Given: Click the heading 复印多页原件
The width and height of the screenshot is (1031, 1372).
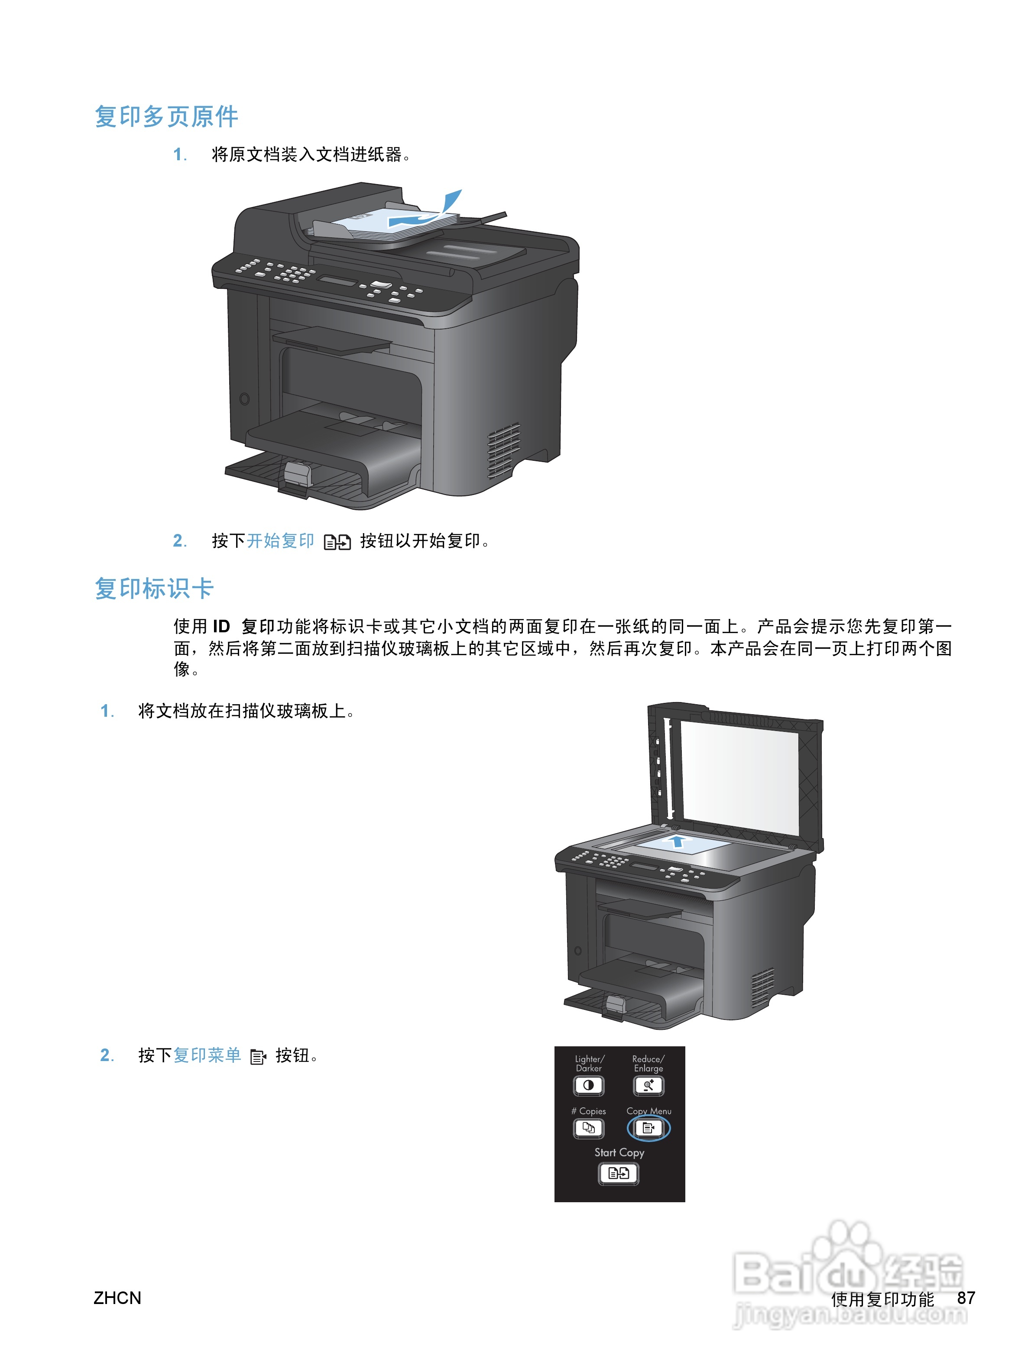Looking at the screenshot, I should point(166,116).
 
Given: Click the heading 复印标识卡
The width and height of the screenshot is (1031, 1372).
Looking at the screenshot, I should point(154,588).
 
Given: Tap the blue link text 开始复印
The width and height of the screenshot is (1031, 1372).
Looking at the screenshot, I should point(280,541).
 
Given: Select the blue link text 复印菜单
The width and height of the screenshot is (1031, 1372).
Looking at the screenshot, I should point(207,1055).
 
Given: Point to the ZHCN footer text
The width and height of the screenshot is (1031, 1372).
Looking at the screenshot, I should point(117,1298).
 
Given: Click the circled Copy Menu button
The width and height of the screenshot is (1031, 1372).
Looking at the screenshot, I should point(648,1128).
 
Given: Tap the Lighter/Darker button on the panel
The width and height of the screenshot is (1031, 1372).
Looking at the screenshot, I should point(588,1085).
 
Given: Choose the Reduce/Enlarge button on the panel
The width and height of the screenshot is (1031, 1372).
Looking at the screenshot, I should point(648,1085).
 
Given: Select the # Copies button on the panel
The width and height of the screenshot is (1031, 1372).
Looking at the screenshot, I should point(588,1128).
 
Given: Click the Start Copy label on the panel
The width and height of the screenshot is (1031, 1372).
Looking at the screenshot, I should point(619,1152).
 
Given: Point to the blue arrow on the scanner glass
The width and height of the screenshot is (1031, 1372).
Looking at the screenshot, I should point(678,841).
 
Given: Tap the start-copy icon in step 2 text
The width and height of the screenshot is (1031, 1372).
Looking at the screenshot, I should point(337,542).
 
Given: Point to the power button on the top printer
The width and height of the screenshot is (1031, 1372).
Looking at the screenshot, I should point(244,399).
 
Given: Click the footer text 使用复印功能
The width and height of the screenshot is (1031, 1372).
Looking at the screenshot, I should point(882,1298).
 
